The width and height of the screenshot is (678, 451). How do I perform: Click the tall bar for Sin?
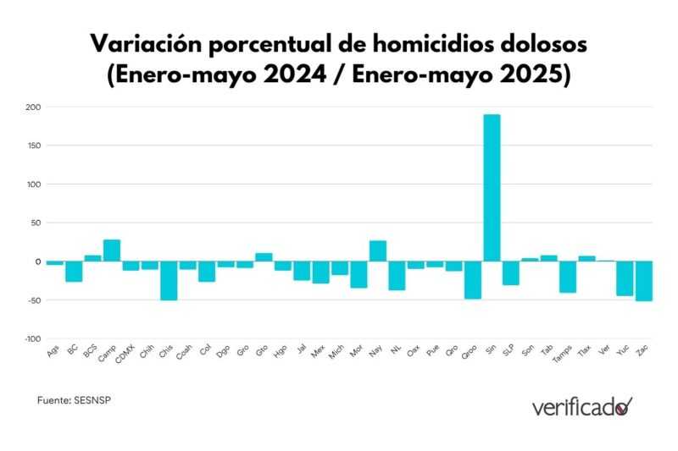492,188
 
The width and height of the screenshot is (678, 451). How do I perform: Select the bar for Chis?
169,280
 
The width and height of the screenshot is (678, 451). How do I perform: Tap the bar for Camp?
112,250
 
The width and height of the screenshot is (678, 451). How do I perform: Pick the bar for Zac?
644,281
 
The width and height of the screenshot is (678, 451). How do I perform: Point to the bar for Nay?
378,251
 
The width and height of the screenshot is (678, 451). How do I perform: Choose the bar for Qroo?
473,280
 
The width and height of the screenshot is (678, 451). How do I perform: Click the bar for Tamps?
568,277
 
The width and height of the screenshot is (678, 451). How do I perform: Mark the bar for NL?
397,276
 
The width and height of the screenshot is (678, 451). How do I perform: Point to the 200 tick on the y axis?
33,107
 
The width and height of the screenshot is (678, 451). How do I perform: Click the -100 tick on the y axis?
31,338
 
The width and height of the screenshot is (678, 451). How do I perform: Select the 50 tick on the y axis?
36,223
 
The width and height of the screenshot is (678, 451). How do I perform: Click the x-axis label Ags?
53,352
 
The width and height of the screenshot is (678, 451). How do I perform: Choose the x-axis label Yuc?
624,352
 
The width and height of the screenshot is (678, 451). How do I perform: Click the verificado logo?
581,407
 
